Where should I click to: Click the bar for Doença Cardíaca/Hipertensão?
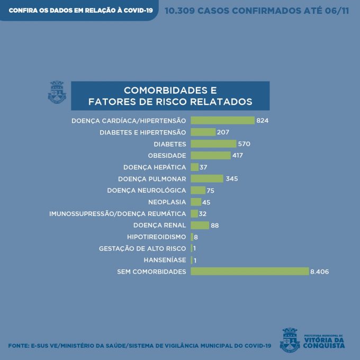click(222, 121)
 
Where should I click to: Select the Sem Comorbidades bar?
click(249, 272)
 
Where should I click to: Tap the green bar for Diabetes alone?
click(213, 144)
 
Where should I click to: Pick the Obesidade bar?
click(210, 156)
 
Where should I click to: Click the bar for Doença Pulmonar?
click(207, 178)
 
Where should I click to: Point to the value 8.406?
click(319, 272)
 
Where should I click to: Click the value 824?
click(263, 121)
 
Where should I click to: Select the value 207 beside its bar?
click(223, 132)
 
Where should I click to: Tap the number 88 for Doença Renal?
click(214, 225)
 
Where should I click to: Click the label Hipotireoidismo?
click(156, 237)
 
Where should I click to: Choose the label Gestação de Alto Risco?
click(142, 248)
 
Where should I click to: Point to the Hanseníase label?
click(165, 260)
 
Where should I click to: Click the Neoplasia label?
click(167, 202)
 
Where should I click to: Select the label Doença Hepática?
click(155, 167)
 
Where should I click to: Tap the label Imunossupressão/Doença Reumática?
click(118, 213)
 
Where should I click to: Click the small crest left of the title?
click(57, 92)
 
